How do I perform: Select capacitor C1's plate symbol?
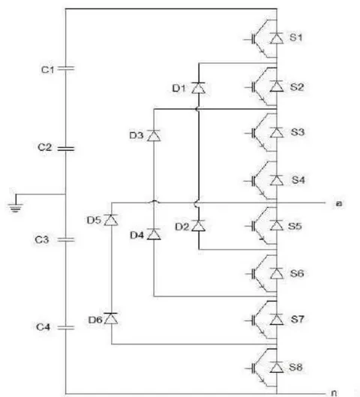pos(66,68)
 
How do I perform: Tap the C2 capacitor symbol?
pos(66,149)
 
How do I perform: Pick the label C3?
pos(42,239)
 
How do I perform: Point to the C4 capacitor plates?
pos(66,328)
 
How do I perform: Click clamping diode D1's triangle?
pos(198,88)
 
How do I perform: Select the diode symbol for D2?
pos(198,226)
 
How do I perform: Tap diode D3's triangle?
pos(154,136)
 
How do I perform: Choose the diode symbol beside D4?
pos(154,234)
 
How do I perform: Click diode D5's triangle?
pos(111,220)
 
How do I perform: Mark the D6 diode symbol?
pos(111,318)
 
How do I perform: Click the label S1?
pos(295,38)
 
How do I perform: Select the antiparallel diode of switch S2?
pos(277,86)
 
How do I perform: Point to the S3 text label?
pos(297,132)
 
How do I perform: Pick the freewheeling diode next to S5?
pos(277,225)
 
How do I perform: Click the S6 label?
pos(297,273)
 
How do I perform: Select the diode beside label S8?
pos(277,367)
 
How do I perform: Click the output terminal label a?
pos(339,203)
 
